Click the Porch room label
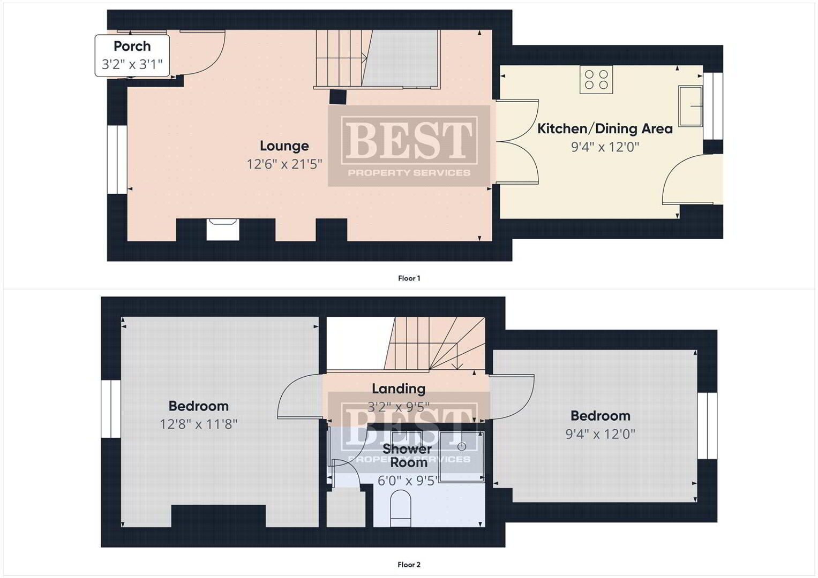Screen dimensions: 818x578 132,47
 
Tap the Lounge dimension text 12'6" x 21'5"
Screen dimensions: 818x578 284,164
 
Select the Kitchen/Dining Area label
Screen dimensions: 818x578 605,129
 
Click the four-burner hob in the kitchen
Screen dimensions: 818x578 596,80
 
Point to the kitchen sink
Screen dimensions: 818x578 691,106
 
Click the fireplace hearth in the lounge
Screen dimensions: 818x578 223,230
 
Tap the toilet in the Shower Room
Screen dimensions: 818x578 401,508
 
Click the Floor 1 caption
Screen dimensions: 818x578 409,278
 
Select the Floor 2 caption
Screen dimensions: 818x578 409,565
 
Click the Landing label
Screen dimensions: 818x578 399,389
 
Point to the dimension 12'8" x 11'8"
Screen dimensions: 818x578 199,424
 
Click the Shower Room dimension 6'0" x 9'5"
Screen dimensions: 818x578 408,481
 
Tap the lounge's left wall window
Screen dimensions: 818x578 117,159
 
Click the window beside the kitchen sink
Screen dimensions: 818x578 713,106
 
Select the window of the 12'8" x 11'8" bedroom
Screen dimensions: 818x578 111,409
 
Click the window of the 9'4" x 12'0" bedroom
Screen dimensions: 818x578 707,426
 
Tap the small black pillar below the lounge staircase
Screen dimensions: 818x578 337,97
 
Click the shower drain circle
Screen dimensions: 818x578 462,446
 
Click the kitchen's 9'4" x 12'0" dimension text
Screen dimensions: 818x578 605,147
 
